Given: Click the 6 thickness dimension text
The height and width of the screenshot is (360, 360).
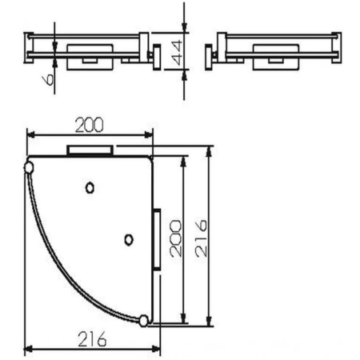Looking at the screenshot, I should tap(44, 78).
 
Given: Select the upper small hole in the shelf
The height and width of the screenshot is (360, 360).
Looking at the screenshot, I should tap(90, 187).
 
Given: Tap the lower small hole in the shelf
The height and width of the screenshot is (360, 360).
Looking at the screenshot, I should tap(128, 238).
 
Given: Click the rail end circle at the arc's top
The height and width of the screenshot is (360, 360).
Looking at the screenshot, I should tap(30, 167).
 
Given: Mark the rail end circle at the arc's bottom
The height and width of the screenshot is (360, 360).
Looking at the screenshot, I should tap(144, 321).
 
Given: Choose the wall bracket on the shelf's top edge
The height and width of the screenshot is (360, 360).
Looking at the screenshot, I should tap(90, 150).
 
